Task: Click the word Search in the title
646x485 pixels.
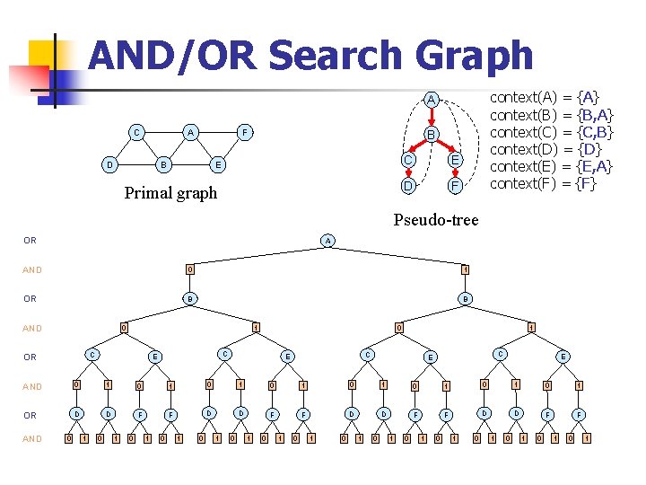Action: click(326, 56)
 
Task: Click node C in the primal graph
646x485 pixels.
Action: click(135, 133)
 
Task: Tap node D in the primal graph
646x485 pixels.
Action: click(109, 165)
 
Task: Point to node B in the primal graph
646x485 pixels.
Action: click(161, 165)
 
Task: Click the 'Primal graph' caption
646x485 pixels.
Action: click(170, 193)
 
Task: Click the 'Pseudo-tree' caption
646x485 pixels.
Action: click(436, 219)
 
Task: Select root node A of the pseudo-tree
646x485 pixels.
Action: click(431, 99)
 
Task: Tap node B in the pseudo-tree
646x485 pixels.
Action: click(431, 136)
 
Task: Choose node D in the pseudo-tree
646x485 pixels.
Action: click(407, 186)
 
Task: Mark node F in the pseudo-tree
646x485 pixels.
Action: click(455, 186)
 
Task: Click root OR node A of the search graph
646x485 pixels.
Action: click(328, 241)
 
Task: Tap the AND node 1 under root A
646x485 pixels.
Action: click(465, 269)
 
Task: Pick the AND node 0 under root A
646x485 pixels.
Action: click(189, 269)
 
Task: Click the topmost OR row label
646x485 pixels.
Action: click(30, 241)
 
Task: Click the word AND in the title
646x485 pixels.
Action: click(138, 56)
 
